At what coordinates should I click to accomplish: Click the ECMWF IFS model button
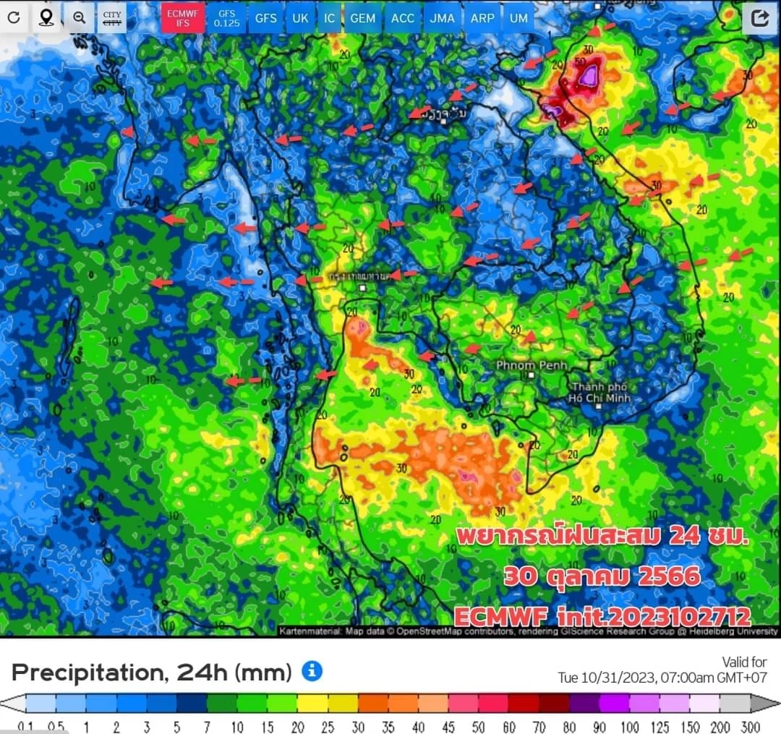pos(182,17)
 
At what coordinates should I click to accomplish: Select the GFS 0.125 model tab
pos(227,17)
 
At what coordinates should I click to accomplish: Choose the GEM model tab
pos(362,17)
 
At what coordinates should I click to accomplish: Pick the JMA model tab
pos(442,17)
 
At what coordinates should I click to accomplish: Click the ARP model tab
pos(482,17)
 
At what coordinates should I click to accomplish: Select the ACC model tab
pos(403,17)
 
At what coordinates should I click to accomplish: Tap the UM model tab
pos(518,17)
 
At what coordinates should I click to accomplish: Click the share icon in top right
pos(759,18)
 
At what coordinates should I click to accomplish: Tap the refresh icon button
pos(14,17)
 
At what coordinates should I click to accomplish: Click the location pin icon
pos(46,17)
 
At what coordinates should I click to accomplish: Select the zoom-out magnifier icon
pos(79,17)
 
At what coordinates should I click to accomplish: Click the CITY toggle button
pos(112,17)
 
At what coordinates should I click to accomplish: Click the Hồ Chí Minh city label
pos(599,392)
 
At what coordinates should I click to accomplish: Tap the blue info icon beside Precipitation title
pos(312,671)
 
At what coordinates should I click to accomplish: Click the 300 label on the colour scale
pos(751,727)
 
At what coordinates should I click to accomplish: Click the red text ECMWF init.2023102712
pos(602,615)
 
